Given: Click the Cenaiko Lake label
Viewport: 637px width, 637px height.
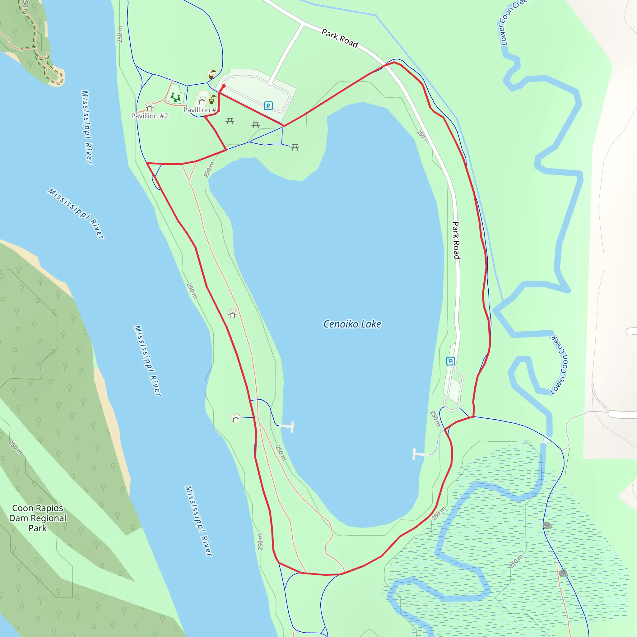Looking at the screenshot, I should pos(352,324).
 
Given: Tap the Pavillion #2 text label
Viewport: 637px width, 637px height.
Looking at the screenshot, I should pos(149,116).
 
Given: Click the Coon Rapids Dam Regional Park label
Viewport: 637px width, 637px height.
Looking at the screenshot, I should pos(38,518).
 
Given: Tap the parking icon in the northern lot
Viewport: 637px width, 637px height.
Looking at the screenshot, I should pos(268,106).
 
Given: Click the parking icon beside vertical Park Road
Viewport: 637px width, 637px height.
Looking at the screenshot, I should pos(450,361).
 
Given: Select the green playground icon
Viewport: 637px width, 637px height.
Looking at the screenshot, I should pos(175,97).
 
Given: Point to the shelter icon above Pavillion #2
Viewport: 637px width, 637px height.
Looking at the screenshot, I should pos(149,107).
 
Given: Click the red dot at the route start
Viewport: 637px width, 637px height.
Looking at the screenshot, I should pos(224,86).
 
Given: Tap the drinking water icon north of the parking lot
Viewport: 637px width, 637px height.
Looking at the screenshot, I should pos(211,74).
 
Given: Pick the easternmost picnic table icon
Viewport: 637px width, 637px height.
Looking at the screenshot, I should pos(295,147).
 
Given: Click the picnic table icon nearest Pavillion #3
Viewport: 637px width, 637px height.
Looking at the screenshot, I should pos(230,121).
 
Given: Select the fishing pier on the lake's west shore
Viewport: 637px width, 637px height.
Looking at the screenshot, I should pos(287,427).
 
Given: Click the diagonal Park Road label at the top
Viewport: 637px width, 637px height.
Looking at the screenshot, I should pos(340,39).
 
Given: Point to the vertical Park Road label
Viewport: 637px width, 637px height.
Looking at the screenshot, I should pos(456,240).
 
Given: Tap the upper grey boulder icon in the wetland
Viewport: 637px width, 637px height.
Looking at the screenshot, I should pos(547,526).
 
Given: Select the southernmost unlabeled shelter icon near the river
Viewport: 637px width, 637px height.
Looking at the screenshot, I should pos(236,418).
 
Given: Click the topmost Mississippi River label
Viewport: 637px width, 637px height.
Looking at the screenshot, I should pos(87,127).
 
